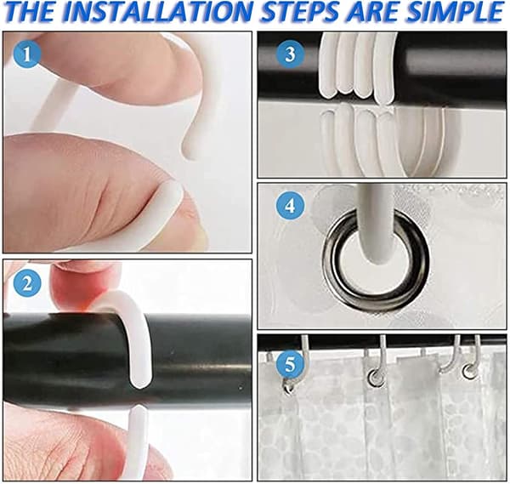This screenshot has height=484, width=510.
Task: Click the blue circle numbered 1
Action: [x=27, y=54]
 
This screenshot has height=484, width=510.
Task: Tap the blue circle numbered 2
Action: [x=27, y=284]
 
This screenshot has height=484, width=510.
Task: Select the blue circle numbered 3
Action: [x=290, y=54]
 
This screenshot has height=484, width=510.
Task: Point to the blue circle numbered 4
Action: [x=290, y=206]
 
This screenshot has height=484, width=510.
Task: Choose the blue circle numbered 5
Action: [x=290, y=365]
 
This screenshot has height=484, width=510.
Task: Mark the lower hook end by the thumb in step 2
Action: [x=139, y=433]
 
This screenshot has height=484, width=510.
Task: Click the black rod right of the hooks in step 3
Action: [x=452, y=65]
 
